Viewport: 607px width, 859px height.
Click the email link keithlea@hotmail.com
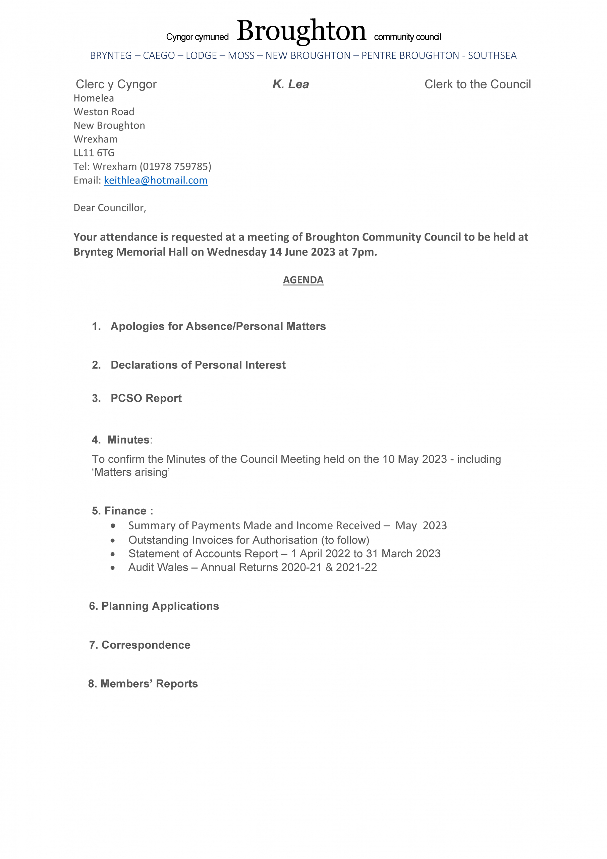(156, 180)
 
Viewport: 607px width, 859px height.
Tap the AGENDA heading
(303, 280)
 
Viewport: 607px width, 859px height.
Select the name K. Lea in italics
(291, 84)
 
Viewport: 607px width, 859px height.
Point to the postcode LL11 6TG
(94, 153)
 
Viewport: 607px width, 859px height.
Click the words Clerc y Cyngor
(116, 84)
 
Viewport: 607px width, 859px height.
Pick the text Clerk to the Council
(477, 84)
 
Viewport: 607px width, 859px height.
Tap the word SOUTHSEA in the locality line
(492, 55)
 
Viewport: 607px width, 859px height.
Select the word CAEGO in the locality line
(159, 55)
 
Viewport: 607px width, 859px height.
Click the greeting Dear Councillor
(110, 208)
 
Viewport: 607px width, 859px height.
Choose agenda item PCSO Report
(146, 398)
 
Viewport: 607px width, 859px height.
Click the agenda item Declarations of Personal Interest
(198, 365)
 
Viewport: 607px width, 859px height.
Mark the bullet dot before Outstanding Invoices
(113, 540)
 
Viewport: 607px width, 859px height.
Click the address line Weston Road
(104, 112)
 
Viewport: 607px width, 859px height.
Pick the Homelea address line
(94, 98)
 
